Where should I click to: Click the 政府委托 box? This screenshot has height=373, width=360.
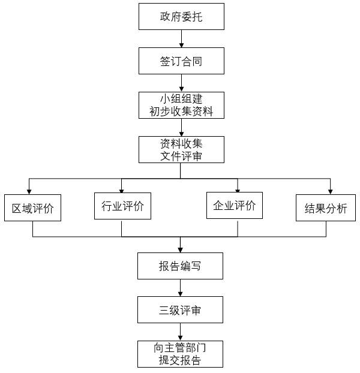click(181, 17)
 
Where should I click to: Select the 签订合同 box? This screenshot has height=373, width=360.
click(181, 61)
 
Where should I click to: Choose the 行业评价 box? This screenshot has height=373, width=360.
click(122, 206)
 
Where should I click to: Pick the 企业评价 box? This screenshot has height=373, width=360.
click(235, 206)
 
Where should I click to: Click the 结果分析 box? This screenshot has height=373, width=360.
click(326, 208)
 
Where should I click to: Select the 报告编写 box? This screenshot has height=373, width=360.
click(181, 266)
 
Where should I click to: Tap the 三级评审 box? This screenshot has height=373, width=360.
click(181, 310)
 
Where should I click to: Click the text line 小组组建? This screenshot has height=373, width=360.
click(181, 99)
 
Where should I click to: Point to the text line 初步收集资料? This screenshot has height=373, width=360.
click(181, 112)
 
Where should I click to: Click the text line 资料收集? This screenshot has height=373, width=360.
click(181, 143)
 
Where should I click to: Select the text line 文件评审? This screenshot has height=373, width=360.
click(181, 156)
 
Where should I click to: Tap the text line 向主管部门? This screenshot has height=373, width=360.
click(181, 348)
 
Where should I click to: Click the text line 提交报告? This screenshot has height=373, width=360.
click(181, 360)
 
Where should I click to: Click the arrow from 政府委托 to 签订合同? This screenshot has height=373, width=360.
click(181, 38)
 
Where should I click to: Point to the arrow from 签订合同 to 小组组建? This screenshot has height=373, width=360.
click(181, 83)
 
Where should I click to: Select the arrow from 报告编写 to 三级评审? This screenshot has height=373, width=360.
click(181, 288)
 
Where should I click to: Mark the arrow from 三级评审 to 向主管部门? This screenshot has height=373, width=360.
click(181, 332)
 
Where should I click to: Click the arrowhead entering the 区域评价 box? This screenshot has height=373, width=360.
click(29, 192)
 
